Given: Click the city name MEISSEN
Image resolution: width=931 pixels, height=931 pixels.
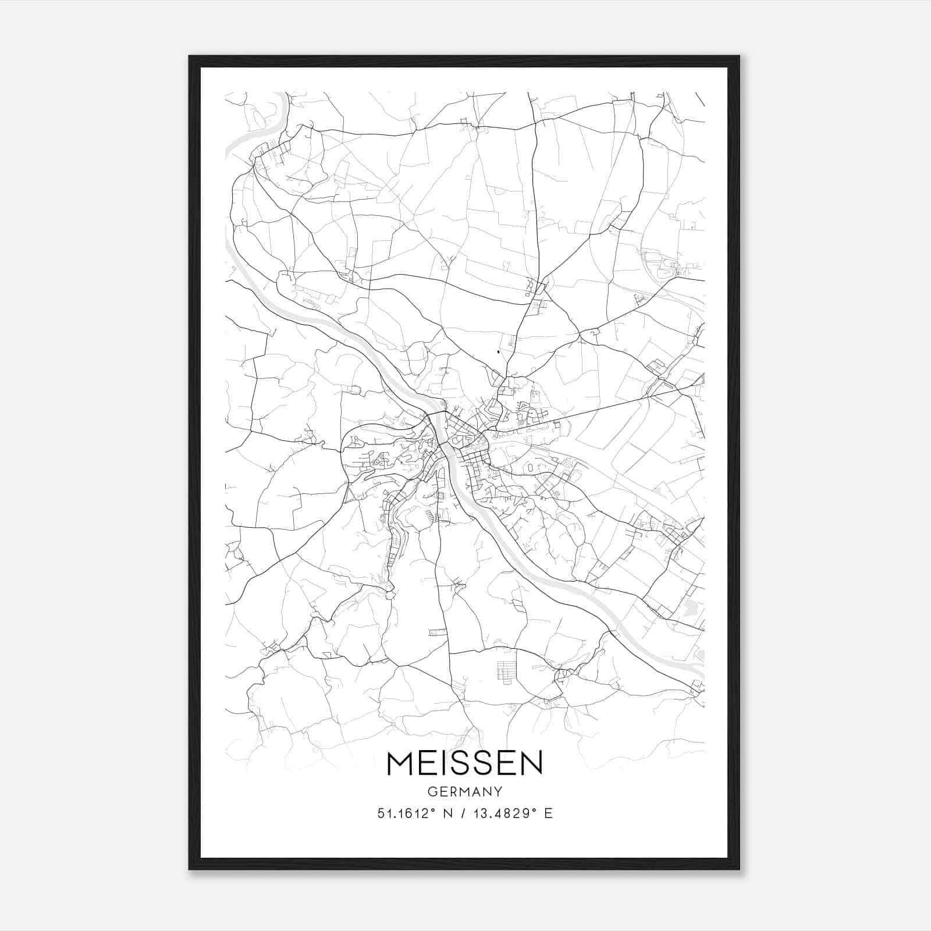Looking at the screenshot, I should (x=464, y=763).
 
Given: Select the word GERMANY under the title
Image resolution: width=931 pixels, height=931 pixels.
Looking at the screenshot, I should (x=464, y=791).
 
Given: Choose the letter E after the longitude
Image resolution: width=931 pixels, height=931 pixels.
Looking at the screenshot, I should (x=548, y=813).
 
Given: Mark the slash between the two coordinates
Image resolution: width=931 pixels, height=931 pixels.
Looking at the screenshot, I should (x=464, y=813).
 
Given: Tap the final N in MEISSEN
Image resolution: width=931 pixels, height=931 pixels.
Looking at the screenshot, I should (x=531, y=763).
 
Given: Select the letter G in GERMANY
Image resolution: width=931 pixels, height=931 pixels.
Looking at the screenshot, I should (x=432, y=791).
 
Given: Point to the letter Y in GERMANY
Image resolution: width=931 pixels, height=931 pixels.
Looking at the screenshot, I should (x=498, y=791).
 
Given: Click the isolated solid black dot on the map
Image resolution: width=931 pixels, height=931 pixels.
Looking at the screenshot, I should (x=499, y=351).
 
